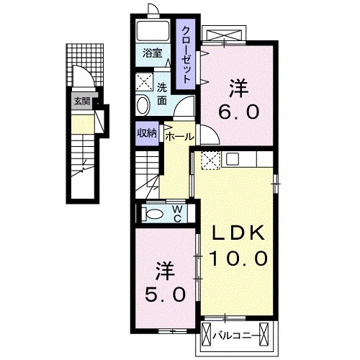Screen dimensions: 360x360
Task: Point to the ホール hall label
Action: pos(179,135)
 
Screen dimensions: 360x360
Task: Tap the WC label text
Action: pos(176,213)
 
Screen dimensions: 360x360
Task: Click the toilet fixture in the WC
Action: pos(153,213)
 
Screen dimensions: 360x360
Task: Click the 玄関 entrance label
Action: pos(80,102)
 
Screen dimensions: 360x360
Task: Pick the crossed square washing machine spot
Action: pos(144,81)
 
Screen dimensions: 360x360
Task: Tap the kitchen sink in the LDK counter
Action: pos(235,160)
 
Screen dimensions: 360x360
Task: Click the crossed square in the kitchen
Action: pos(210,161)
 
